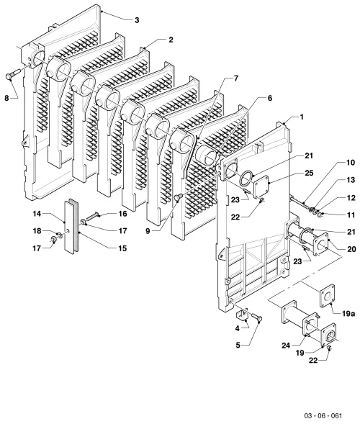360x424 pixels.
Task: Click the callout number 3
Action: click(137, 20)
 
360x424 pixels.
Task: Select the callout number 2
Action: click(171, 40)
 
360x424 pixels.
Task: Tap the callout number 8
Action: click(6, 98)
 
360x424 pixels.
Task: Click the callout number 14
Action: click(37, 214)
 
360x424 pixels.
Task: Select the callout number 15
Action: click(122, 248)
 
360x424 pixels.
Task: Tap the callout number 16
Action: click(122, 214)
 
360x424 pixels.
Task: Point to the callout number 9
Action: click(148, 231)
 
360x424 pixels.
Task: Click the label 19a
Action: click(348, 314)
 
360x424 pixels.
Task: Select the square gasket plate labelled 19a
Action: click(328, 296)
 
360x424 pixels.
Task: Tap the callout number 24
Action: click(286, 346)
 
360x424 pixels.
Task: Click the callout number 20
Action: click(351, 249)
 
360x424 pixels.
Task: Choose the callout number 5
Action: click(238, 345)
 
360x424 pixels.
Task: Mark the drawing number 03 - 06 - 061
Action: click(323, 415)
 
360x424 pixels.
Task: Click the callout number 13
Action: click(351, 180)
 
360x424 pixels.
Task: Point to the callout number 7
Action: click(236, 78)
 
